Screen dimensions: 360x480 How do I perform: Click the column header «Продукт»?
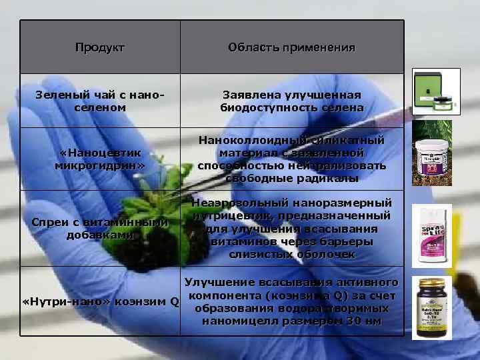pyautogui.click(x=99, y=47)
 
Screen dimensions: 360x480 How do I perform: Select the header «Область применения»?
pyautogui.click(x=291, y=47)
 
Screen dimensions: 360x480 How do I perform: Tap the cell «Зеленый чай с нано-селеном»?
pyautogui.click(x=99, y=101)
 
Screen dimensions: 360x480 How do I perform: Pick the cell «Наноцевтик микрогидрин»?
pyautogui.click(x=99, y=159)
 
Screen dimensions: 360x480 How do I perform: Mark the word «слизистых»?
pyautogui.click(x=257, y=254)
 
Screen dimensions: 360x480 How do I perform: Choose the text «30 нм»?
pyautogui.click(x=359, y=321)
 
